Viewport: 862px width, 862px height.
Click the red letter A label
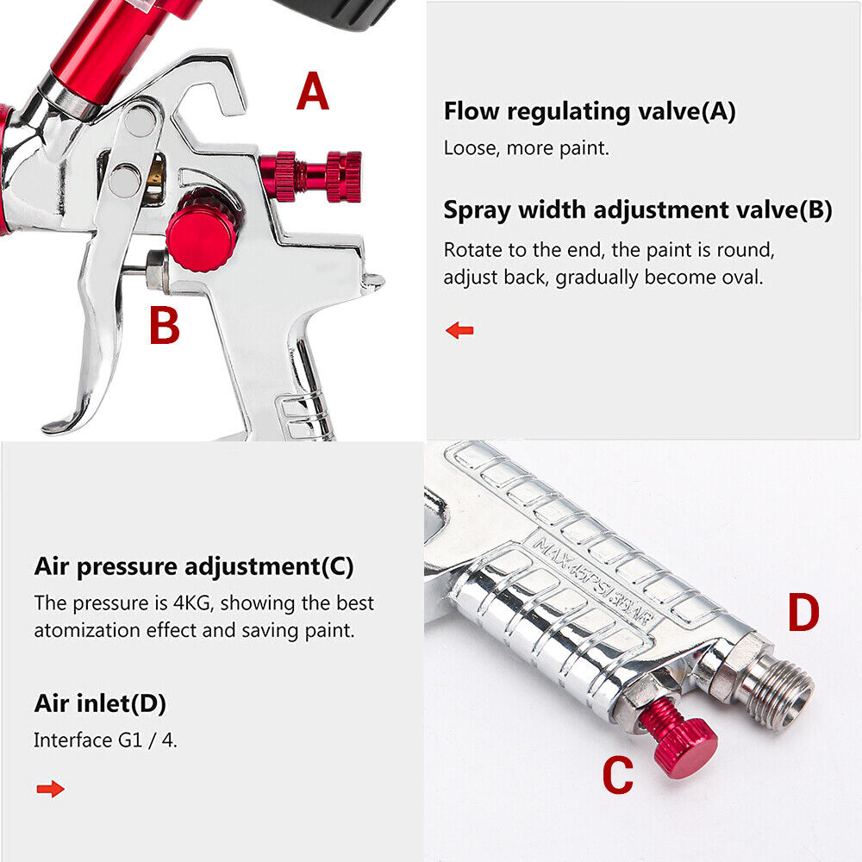pyautogui.click(x=313, y=92)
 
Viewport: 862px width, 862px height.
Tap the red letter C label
pyautogui.click(x=616, y=775)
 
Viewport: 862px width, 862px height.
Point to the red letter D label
pyautogui.click(x=802, y=613)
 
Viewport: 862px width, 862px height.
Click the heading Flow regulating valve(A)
pyautogui.click(x=590, y=111)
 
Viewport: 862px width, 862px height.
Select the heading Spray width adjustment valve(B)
pyautogui.click(x=638, y=210)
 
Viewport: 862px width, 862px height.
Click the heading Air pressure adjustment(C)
pyautogui.click(x=194, y=566)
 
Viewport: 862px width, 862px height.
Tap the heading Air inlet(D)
pyautogui.click(x=100, y=703)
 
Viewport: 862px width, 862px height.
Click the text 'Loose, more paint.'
pyautogui.click(x=526, y=147)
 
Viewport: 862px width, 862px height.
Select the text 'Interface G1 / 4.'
pyautogui.click(x=105, y=740)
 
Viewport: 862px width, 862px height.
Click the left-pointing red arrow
pyautogui.click(x=459, y=330)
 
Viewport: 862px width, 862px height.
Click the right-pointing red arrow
pyautogui.click(x=51, y=789)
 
